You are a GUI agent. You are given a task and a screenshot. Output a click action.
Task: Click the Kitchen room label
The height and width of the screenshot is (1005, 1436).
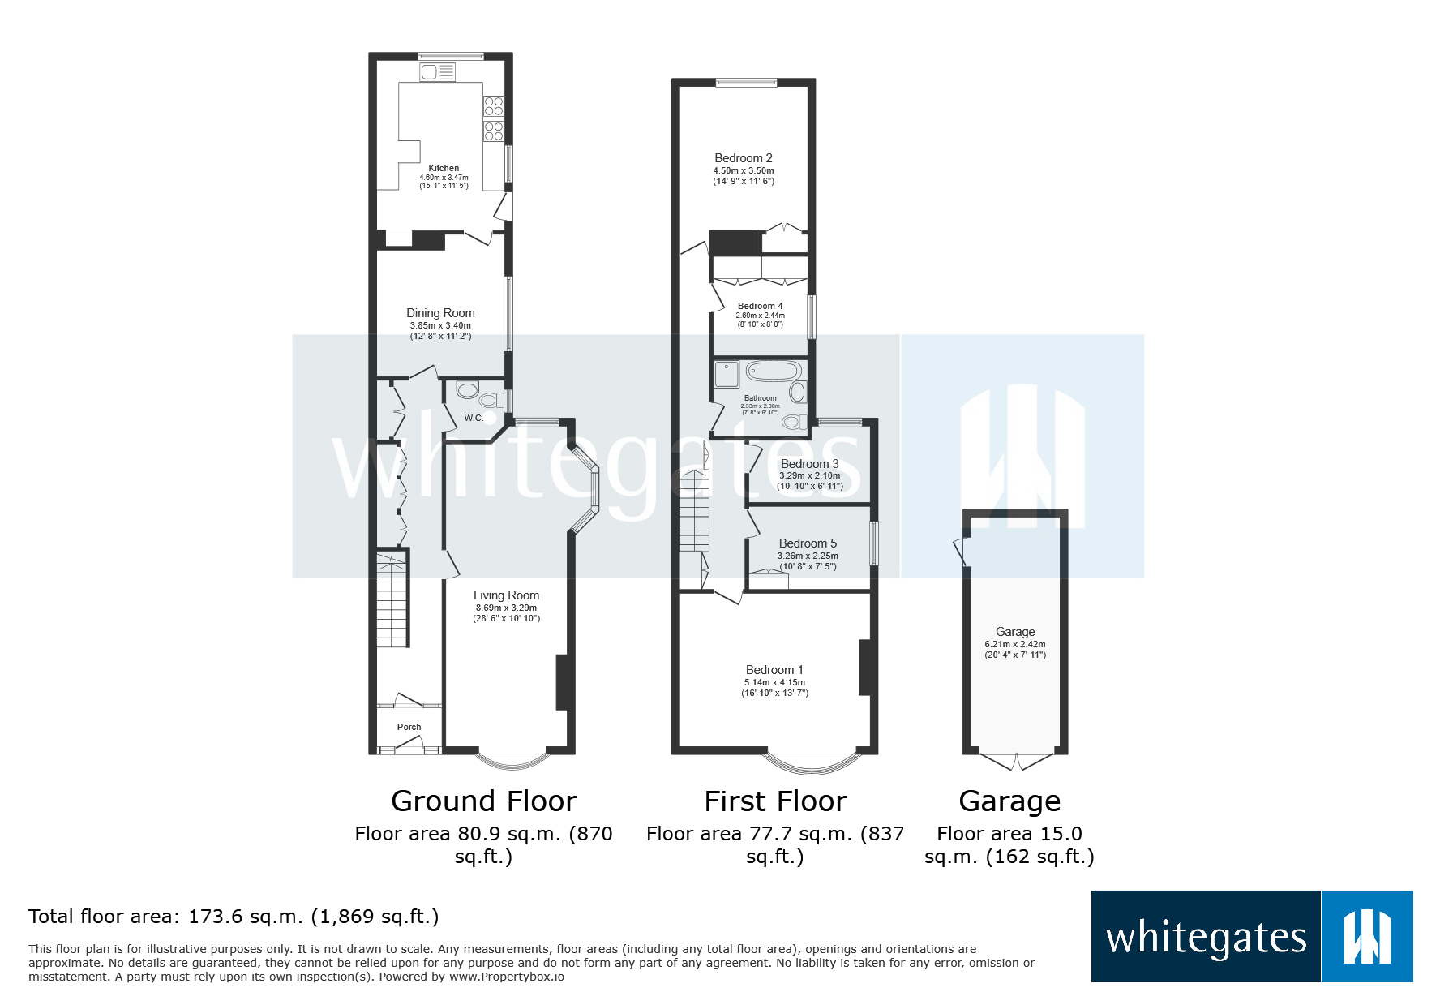tap(444, 168)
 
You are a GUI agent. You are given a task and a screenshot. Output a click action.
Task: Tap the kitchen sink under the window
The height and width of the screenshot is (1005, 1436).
tap(437, 72)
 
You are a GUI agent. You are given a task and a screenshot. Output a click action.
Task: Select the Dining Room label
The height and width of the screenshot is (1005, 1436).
tap(440, 313)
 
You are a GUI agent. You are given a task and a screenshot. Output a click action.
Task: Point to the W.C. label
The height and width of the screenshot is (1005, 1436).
tap(474, 418)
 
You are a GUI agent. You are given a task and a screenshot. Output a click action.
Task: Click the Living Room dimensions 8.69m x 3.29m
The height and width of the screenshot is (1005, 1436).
tap(506, 608)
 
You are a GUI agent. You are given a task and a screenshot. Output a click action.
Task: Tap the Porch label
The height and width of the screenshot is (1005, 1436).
tap(409, 727)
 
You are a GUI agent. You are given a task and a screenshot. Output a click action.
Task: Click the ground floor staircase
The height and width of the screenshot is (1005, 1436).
tap(392, 600)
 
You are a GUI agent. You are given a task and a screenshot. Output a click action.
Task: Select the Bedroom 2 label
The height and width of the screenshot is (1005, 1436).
tap(743, 158)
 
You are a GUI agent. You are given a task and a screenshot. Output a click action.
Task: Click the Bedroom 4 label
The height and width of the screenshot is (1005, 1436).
tap(760, 306)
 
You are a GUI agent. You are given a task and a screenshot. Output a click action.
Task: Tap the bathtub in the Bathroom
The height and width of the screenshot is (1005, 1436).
tap(774, 372)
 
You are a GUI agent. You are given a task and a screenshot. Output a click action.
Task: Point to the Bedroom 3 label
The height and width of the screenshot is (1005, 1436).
tap(809, 464)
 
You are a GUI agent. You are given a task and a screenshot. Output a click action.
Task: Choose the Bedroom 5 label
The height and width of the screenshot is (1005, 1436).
tap(808, 543)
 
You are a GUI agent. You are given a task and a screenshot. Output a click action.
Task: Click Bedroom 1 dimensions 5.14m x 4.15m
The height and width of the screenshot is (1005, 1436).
tap(774, 682)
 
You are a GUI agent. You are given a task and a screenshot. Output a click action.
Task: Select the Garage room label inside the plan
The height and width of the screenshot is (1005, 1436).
tap(1015, 632)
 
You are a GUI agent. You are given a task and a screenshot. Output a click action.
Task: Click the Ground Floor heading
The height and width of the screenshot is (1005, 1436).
tap(483, 801)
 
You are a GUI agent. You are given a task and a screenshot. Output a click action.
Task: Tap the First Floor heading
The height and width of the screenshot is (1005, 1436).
tap(775, 801)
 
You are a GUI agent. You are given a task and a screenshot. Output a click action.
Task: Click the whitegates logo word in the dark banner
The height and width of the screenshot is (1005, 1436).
tap(1206, 938)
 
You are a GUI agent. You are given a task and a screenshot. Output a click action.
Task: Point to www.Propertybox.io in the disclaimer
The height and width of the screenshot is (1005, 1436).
tap(506, 977)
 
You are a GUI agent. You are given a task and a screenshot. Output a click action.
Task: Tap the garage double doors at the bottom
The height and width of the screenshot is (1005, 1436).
tap(1016, 761)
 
